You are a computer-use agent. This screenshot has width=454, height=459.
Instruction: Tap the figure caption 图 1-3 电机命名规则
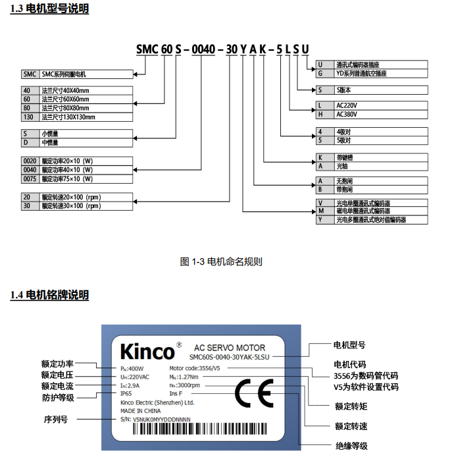[221, 261]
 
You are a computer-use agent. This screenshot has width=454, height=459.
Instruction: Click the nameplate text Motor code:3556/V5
[195, 368]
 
